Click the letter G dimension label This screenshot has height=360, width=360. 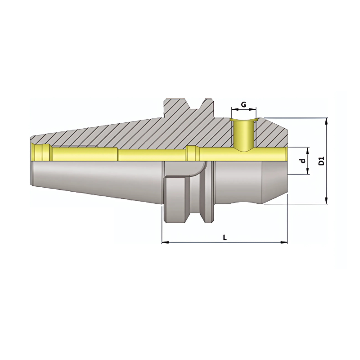[243, 104]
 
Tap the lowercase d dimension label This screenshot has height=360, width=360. [303, 161]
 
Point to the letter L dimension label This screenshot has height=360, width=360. [225, 238]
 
